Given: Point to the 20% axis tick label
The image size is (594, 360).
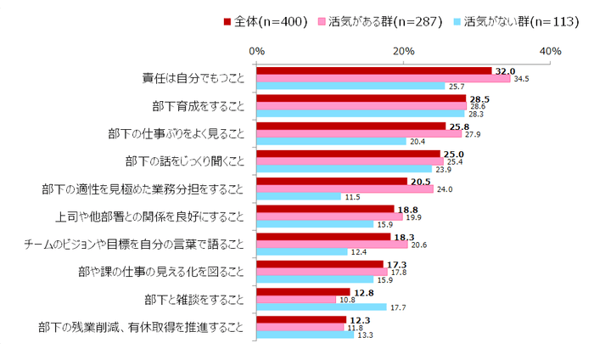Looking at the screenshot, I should tap(404, 52).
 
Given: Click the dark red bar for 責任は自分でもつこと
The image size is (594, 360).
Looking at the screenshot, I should tap(374, 71).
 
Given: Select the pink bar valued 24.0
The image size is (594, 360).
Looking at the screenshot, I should tap(345, 188).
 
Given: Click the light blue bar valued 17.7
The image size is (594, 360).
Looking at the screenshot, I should tap(322, 307).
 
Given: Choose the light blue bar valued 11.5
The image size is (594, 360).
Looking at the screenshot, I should tap(299, 197).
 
